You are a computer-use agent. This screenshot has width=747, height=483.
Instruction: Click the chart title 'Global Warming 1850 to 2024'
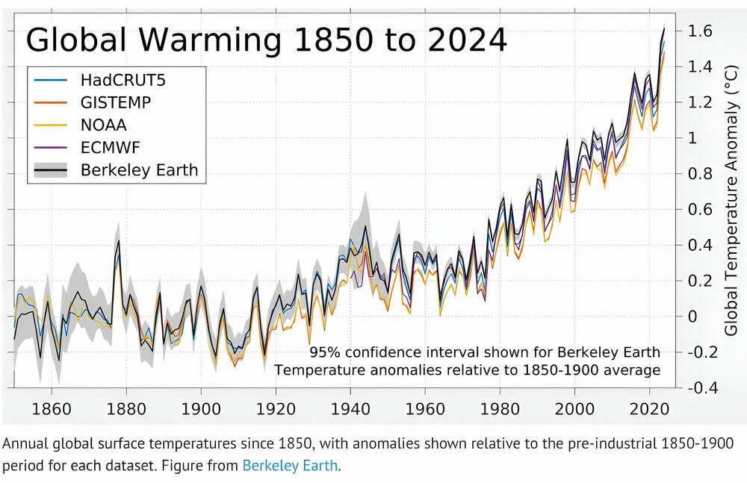267,40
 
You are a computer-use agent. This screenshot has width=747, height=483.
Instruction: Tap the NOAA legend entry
104,124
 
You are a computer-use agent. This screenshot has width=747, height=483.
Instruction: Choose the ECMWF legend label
111,146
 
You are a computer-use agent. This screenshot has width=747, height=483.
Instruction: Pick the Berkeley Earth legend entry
139,169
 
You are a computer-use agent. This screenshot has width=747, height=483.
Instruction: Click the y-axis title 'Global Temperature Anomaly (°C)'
731,209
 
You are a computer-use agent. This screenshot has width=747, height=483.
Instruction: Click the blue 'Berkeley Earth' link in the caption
291,466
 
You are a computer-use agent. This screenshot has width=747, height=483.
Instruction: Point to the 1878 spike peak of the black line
118,241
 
